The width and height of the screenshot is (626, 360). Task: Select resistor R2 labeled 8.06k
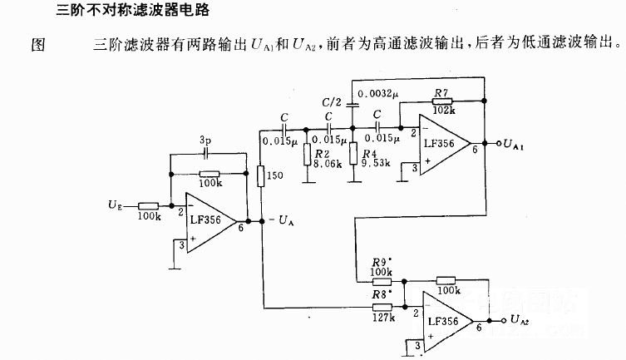[307, 154]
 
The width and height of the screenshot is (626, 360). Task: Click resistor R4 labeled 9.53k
[355, 154]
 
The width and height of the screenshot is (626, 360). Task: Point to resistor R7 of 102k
[443, 97]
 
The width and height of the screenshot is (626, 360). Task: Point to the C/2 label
[331, 101]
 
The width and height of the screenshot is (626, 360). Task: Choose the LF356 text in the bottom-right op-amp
[447, 320]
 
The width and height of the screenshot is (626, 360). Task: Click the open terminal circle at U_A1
[497, 143]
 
